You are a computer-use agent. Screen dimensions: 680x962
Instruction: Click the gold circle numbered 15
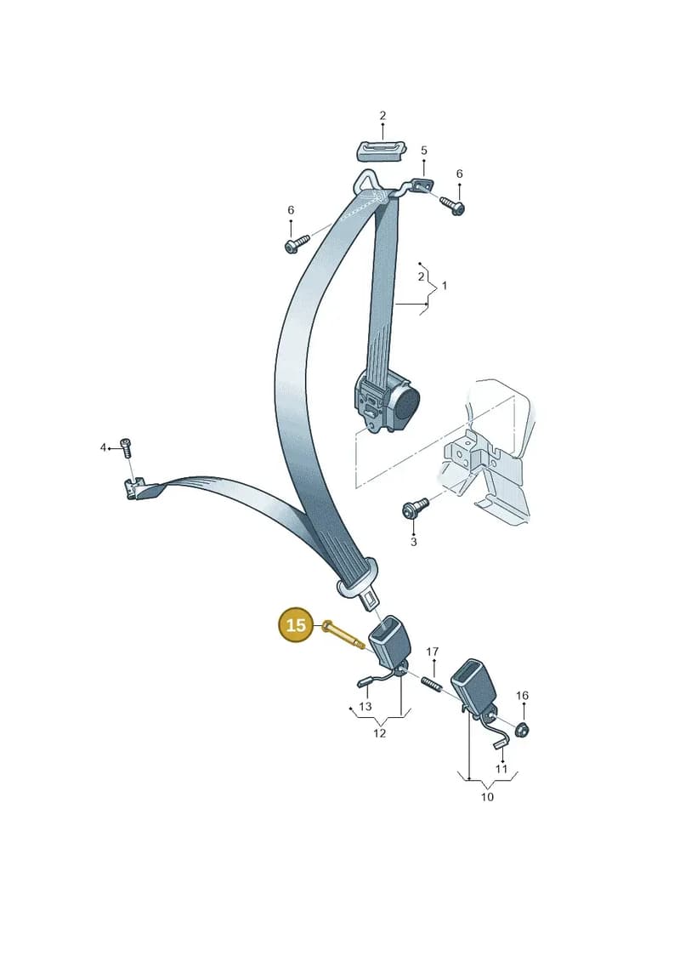[296, 625]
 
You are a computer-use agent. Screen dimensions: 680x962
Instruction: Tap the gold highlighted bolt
[343, 635]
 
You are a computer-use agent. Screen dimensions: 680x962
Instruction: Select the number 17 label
[433, 652]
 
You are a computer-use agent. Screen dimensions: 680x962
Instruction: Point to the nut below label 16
[522, 730]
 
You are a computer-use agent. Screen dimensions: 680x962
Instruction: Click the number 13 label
[365, 706]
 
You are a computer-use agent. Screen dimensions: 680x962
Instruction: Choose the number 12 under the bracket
[380, 733]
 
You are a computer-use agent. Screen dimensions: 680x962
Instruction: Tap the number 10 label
[487, 797]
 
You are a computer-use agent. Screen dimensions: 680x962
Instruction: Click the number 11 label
[501, 769]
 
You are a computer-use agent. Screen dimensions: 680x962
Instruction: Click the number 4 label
[103, 447]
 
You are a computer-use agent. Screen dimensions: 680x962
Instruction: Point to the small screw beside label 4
[127, 448]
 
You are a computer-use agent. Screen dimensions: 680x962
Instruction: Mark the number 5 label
[423, 151]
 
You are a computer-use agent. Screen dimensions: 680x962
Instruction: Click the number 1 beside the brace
[445, 285]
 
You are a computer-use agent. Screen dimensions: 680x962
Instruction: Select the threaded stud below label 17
[433, 682]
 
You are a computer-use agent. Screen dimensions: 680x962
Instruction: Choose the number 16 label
[522, 695]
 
